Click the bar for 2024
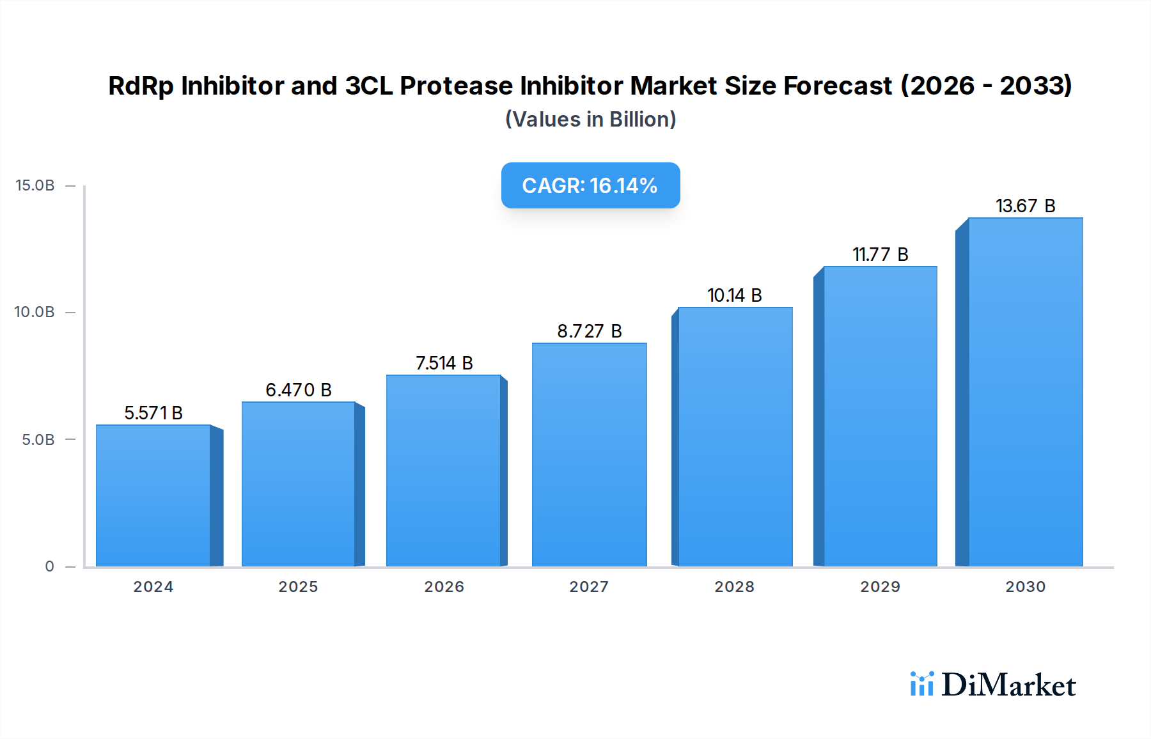(x=153, y=495)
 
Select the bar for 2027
(x=589, y=455)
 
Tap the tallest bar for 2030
(x=1025, y=392)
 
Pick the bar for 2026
(x=444, y=471)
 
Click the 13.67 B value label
(x=1025, y=206)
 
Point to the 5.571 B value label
(x=153, y=413)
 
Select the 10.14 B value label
(x=734, y=295)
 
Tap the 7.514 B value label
(x=444, y=363)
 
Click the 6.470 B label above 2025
(x=299, y=390)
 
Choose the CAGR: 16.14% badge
(x=590, y=185)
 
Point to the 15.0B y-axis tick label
(x=35, y=185)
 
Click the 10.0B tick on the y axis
(x=35, y=312)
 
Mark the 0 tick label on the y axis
(x=49, y=566)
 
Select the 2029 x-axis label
(x=880, y=587)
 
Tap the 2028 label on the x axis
(x=734, y=587)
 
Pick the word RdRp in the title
(x=141, y=86)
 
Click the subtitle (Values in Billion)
(x=590, y=120)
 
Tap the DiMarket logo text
(x=1008, y=685)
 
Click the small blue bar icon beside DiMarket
(x=921, y=684)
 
